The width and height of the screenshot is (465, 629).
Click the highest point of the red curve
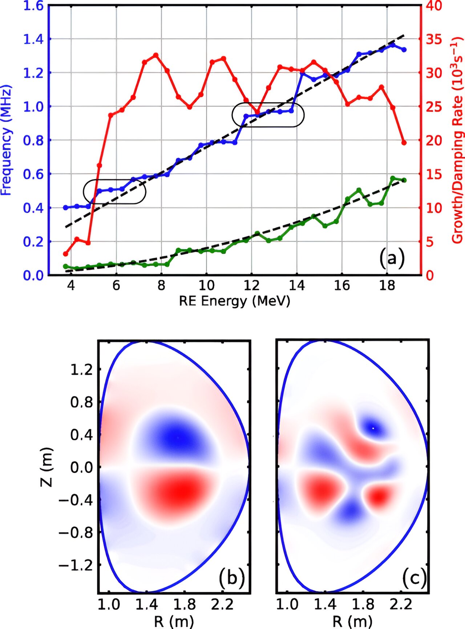[x=156, y=55]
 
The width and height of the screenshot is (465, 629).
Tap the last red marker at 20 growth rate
[x=404, y=142]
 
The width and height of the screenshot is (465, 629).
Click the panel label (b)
[x=231, y=578]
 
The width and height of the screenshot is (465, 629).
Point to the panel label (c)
[x=414, y=578]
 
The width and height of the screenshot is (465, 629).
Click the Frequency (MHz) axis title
[x=6, y=140]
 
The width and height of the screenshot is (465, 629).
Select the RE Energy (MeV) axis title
[x=234, y=301]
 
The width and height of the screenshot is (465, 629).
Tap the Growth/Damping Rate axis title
[x=457, y=140]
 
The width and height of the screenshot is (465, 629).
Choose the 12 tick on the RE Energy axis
[x=251, y=286]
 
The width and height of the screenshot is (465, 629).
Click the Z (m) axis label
[x=47, y=467]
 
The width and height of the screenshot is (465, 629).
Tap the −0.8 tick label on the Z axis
[x=76, y=533]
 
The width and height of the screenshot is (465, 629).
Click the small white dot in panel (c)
[x=373, y=428]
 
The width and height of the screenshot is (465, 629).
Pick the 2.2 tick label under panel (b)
[x=222, y=604]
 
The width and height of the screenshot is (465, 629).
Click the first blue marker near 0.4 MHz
[x=66, y=207]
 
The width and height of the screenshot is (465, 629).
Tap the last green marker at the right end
[x=404, y=180]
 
